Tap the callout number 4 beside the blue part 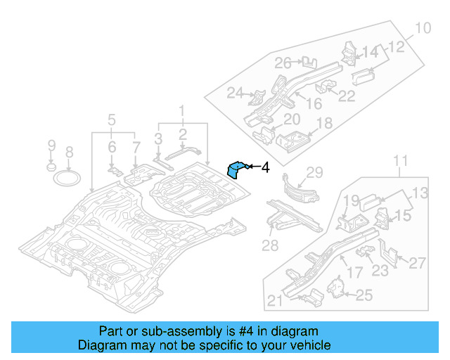[265, 167]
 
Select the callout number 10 [421, 29]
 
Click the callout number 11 [399, 163]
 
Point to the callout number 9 [51, 146]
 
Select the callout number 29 [314, 173]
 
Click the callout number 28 [270, 245]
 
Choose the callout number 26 [283, 63]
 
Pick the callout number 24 [234, 93]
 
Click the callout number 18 [324, 124]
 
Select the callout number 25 [364, 296]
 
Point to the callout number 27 [418, 263]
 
